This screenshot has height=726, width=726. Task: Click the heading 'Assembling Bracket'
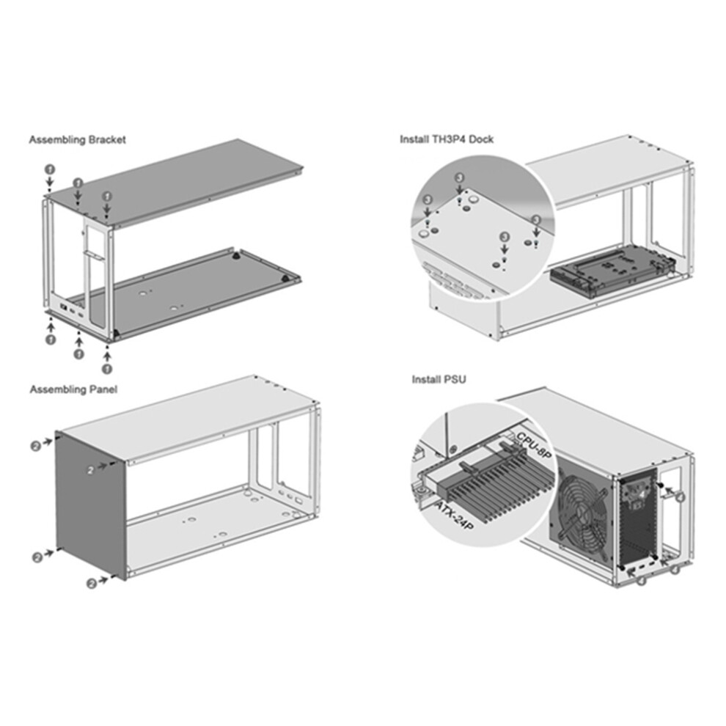click(77, 139)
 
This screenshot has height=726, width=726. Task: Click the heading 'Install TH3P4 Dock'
click(447, 139)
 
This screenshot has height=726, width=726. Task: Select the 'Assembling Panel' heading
click(73, 389)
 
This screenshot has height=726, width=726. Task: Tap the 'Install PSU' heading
click(439, 380)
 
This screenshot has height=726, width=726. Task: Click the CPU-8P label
click(534, 445)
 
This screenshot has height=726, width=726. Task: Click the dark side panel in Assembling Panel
click(91, 505)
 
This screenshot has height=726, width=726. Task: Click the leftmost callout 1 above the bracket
click(50, 169)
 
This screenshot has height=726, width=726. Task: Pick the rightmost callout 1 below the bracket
click(107, 369)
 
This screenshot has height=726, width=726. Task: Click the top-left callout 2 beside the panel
click(36, 447)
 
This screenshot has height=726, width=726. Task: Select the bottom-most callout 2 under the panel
click(92, 584)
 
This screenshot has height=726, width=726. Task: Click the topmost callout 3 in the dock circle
click(459, 177)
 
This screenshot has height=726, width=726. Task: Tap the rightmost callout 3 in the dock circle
click(536, 219)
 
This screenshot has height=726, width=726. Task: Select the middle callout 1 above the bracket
click(78, 183)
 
